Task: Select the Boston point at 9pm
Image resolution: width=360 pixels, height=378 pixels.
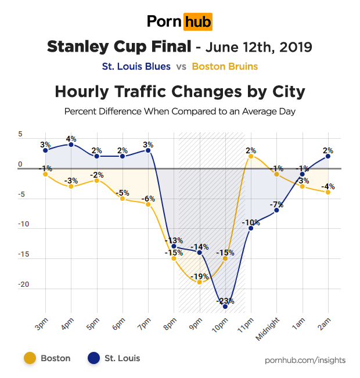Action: tap(200, 282)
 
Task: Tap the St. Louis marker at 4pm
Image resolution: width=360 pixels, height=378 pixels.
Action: tap(71, 145)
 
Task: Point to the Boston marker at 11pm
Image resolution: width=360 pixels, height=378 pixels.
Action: tap(251, 156)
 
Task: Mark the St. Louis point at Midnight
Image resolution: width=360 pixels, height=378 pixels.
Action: tap(277, 210)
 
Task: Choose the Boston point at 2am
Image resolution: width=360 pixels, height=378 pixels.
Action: tap(328, 192)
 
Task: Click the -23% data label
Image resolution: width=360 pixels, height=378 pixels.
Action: tap(225, 301)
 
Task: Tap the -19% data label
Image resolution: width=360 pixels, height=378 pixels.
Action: tap(199, 276)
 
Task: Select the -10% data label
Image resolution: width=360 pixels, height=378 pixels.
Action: tap(251, 222)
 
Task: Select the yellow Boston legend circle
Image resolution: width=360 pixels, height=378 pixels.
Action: tap(30, 358)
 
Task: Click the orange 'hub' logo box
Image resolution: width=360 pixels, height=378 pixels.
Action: tap(197, 22)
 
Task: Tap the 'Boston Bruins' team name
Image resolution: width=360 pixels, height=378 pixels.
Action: tap(225, 66)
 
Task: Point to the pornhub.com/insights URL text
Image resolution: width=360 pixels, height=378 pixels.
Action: tap(305, 360)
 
